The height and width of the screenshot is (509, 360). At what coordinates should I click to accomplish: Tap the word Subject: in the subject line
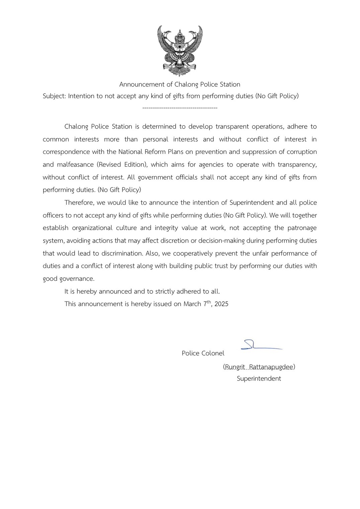(54, 96)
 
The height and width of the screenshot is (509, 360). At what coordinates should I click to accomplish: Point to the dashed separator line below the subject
(180, 108)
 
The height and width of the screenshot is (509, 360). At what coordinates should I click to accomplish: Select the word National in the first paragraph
(130, 152)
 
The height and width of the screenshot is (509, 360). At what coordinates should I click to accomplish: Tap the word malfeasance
(76, 165)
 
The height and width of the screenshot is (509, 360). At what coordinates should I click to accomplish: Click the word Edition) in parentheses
(137, 165)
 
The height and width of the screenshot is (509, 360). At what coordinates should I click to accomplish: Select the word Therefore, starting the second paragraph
(79, 203)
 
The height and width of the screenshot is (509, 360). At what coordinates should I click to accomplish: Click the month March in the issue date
(192, 304)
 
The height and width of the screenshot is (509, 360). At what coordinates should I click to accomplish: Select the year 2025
(221, 304)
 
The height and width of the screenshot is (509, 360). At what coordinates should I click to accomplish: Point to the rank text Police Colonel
(203, 353)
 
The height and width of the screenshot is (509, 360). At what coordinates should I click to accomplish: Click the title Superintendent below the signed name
(259, 378)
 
